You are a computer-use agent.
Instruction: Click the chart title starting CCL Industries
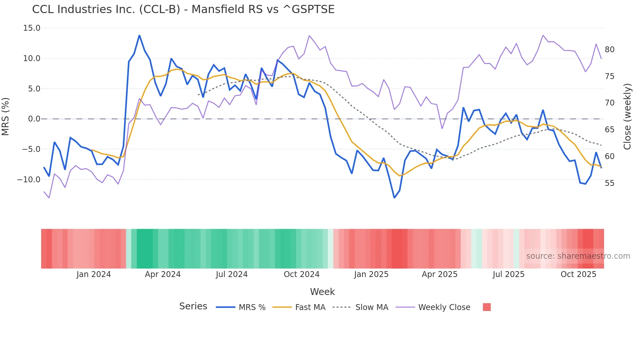tap(183, 9)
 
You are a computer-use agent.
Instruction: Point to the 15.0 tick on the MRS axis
tap(32, 28)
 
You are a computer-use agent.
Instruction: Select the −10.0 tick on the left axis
tap(29, 179)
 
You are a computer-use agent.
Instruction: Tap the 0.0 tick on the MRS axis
tap(34, 119)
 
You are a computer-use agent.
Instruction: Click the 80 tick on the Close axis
tap(609, 50)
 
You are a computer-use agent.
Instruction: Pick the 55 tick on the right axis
tap(609, 183)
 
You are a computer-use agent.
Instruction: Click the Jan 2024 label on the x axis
tap(94, 274)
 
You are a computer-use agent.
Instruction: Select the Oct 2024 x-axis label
tap(301, 274)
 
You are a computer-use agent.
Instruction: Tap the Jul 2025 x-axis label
tap(508, 274)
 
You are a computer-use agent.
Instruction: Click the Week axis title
tap(322, 292)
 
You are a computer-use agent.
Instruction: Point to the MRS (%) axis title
tap(6, 117)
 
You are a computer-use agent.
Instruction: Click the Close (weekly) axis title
tap(627, 117)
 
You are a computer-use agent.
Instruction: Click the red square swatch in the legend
tap(487, 307)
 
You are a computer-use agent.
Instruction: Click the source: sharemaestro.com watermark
tap(578, 256)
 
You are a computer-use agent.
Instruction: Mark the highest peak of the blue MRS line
tap(139, 35)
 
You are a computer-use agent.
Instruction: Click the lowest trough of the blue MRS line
tap(394, 198)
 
